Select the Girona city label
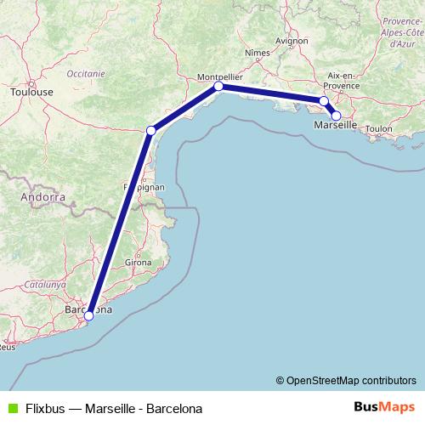point(139,263)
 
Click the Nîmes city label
point(256,52)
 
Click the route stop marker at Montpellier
point(218,86)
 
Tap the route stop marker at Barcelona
point(88,316)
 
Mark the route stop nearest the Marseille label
point(336,115)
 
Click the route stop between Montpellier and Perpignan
point(151,130)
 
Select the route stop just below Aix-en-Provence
point(323,101)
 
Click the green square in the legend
point(11,408)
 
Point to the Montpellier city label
point(220,75)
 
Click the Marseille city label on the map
point(336,125)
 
